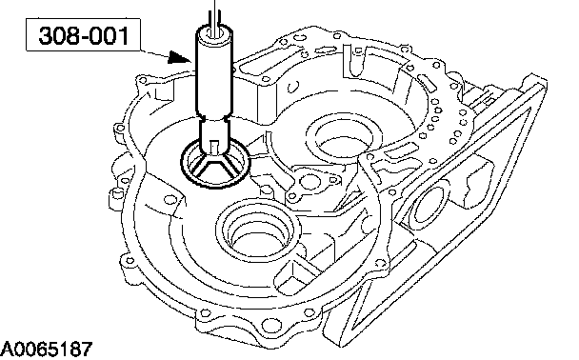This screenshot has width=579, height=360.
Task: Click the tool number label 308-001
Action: (x=84, y=35)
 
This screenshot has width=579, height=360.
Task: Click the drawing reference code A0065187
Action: (x=47, y=350)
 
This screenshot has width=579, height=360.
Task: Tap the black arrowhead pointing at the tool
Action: (x=179, y=57)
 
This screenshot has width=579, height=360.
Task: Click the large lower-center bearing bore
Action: (x=258, y=231)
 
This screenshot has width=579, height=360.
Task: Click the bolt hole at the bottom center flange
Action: (x=269, y=325)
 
